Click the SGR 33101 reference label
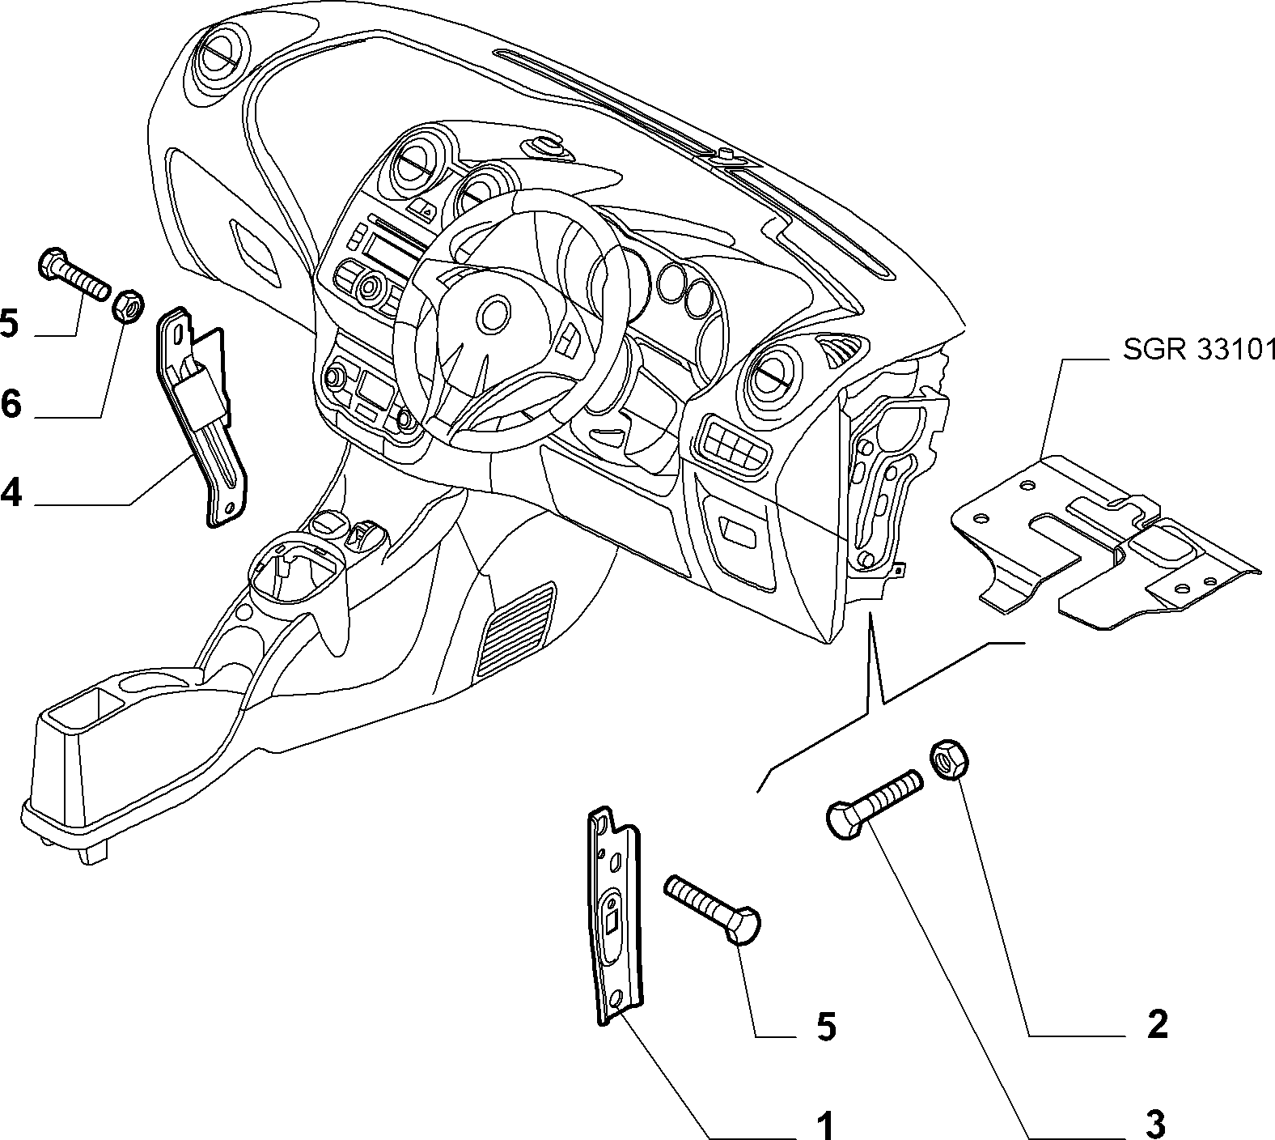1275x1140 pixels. pyautogui.click(x=1199, y=350)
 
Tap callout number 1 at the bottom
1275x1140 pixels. pyautogui.click(x=824, y=1125)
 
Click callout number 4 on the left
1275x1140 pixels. pyautogui.click(x=11, y=491)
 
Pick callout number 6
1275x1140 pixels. pyautogui.click(x=11, y=402)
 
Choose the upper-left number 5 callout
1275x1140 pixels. pyautogui.click(x=9, y=323)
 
